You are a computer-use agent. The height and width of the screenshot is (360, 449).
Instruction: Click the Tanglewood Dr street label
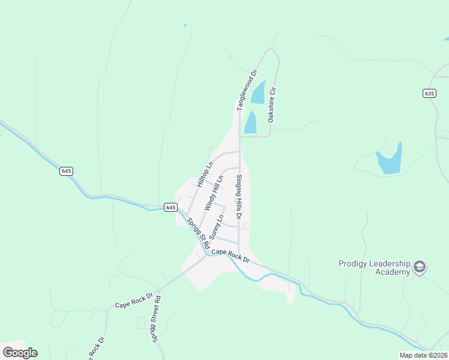[246, 90]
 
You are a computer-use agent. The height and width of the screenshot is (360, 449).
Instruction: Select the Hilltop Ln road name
[205, 174]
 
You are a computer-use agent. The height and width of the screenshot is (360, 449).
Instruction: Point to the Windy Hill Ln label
[213, 192]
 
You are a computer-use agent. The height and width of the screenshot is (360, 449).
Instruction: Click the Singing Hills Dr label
[238, 197]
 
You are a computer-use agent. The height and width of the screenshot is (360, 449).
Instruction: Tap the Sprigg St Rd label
[196, 233]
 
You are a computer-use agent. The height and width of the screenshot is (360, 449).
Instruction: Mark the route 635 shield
[429, 93]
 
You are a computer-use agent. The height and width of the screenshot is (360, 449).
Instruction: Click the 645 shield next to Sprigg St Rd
[170, 207]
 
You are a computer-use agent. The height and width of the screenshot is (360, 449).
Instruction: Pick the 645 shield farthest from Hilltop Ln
[66, 171]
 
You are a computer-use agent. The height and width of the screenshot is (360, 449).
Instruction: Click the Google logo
[20, 353]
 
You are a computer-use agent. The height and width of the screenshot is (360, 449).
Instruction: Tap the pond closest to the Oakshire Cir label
[258, 93]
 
